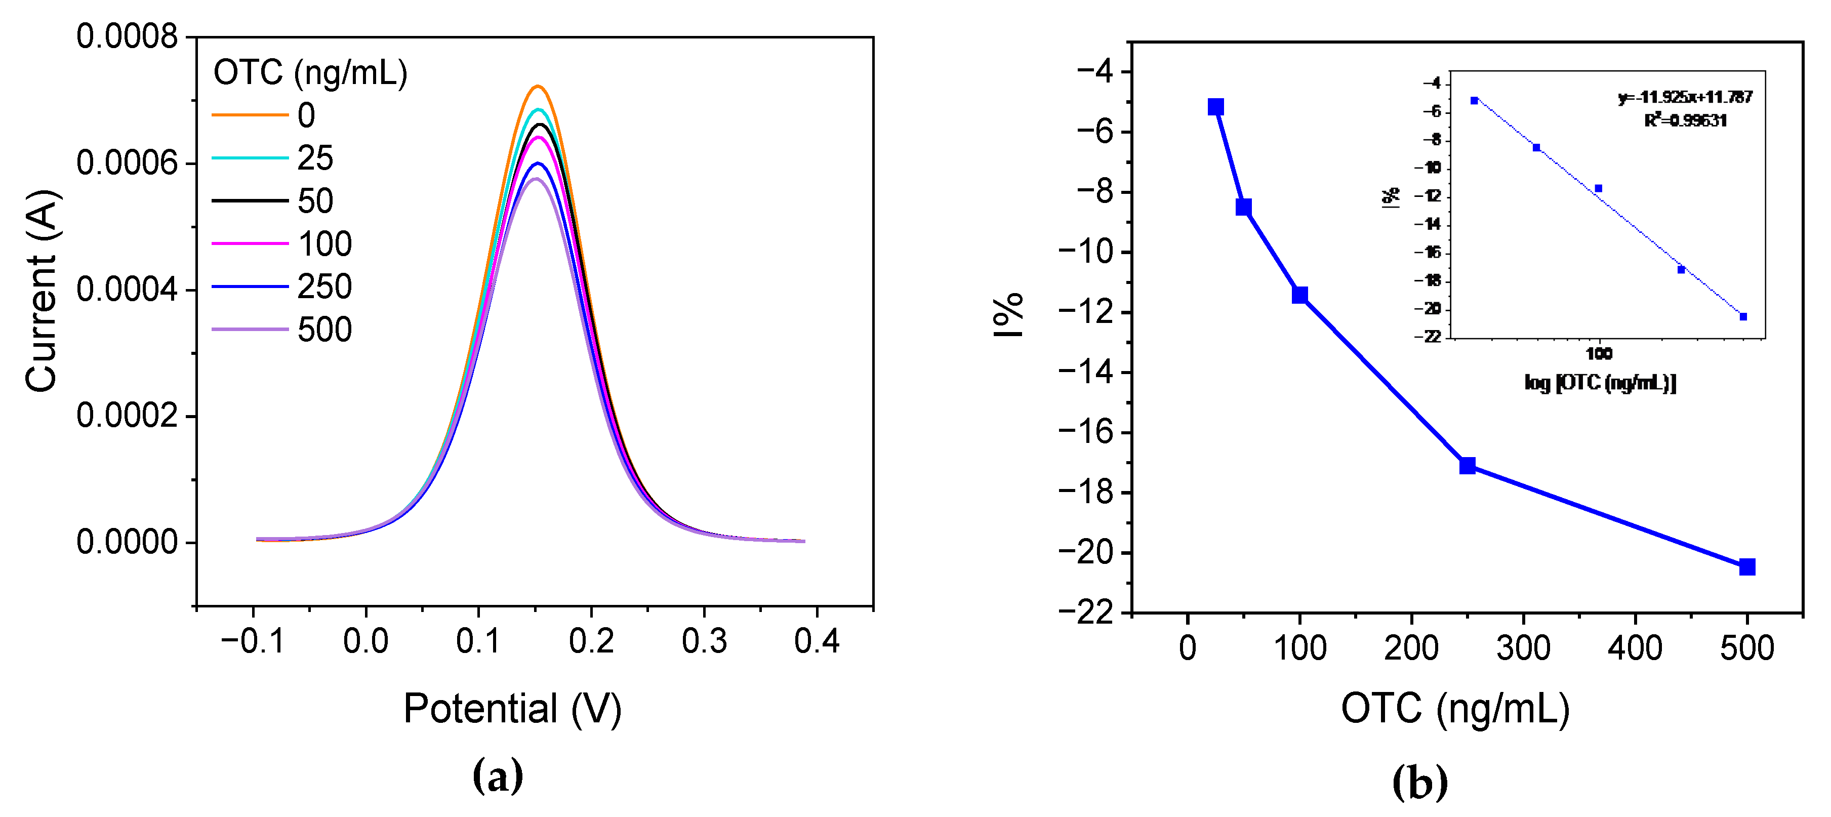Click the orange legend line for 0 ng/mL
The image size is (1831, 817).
[x=250, y=114]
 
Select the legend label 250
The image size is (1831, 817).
[x=324, y=287]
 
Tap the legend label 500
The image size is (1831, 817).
[x=324, y=329]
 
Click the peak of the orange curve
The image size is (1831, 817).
[x=538, y=87]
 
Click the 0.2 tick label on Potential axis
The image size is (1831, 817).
[x=591, y=641]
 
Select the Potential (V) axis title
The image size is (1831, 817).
[x=512, y=708]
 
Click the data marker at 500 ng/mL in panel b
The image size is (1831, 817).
[x=1746, y=567]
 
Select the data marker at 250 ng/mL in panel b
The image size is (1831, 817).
[x=1467, y=466]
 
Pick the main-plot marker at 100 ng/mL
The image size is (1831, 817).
[x=1299, y=295]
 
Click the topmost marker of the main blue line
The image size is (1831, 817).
[x=1215, y=107]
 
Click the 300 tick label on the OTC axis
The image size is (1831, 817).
[x=1523, y=648]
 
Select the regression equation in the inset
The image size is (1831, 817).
[x=1685, y=97]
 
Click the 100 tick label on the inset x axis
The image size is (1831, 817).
[x=1599, y=353]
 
